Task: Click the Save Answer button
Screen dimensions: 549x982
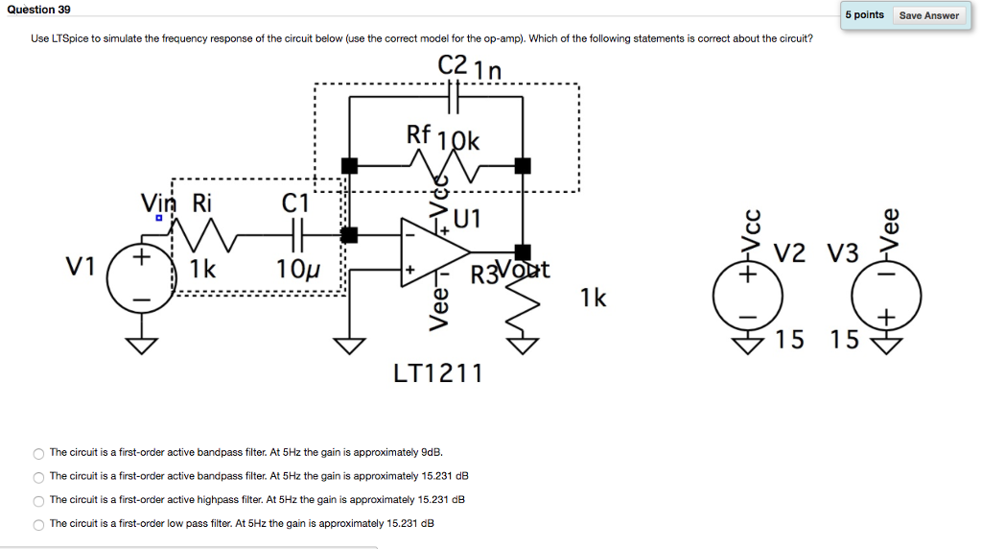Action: (x=928, y=15)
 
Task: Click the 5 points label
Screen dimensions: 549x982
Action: (x=864, y=15)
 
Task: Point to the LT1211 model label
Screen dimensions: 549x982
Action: (x=438, y=372)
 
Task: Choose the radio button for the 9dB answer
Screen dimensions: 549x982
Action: (x=38, y=453)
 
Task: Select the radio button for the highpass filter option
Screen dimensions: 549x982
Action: (x=38, y=501)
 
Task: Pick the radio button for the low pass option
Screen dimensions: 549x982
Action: (x=38, y=525)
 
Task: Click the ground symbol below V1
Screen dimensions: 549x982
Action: (x=141, y=344)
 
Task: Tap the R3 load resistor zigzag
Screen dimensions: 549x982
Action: (x=523, y=307)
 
